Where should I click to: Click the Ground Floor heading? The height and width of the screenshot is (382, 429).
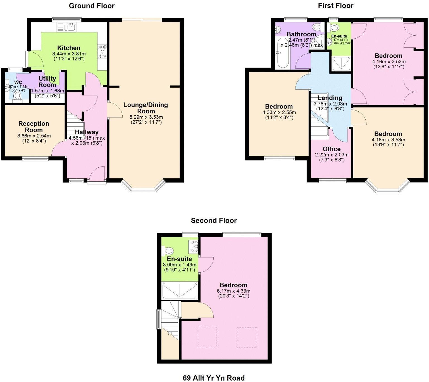tap(92, 6)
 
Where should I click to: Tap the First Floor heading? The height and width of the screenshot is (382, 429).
tap(335, 6)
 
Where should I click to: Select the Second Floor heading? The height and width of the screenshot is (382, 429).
tap(214, 221)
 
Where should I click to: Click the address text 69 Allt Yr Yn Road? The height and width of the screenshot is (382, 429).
tap(214, 378)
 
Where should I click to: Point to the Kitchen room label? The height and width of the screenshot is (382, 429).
tap(69, 48)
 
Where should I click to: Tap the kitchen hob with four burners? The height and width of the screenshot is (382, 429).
tap(102, 52)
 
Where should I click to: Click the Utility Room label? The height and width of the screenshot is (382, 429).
tap(47, 81)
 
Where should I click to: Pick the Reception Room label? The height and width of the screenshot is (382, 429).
tap(34, 127)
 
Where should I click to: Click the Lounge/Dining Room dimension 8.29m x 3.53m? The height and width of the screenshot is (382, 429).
tap(146, 117)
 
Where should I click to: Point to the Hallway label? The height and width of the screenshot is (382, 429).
tap(87, 132)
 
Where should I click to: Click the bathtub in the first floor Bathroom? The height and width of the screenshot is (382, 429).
tap(282, 53)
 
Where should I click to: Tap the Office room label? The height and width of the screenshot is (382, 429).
tap(332, 149)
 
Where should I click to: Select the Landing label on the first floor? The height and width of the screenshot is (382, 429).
tap(330, 98)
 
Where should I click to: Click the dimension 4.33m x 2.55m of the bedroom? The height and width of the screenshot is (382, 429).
tap(279, 113)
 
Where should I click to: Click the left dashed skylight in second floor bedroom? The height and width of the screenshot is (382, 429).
tap(207, 337)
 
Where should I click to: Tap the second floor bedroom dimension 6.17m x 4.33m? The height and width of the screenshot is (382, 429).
tap(233, 291)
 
